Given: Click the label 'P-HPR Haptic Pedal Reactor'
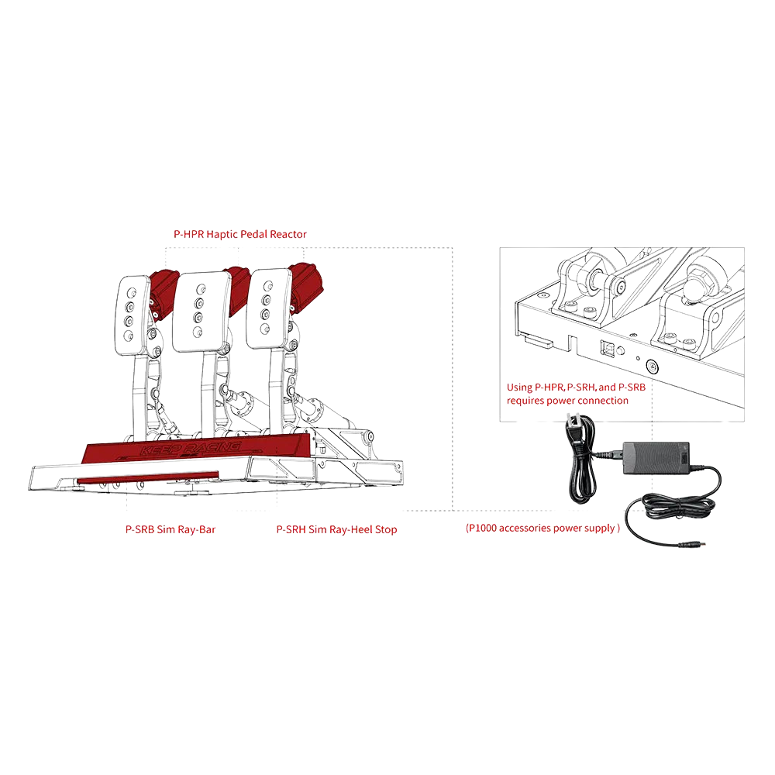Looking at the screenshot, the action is [x=239, y=234].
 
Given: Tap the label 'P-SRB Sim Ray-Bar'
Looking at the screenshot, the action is [x=170, y=529].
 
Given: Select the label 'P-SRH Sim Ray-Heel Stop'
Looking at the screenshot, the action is [x=336, y=529].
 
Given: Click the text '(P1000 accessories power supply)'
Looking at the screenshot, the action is [x=542, y=528].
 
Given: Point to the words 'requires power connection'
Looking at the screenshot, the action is [x=567, y=401].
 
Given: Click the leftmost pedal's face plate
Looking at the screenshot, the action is [x=133, y=315].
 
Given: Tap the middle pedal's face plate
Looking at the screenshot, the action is [x=201, y=311].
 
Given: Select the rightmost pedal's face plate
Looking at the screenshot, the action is [x=268, y=308].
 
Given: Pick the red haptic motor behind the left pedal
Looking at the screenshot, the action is [x=164, y=294].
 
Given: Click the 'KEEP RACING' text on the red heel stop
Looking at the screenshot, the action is [x=191, y=449].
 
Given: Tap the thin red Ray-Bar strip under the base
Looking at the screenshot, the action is [x=148, y=477].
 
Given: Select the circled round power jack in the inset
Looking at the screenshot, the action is [x=653, y=367].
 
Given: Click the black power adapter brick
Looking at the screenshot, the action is [x=656, y=458].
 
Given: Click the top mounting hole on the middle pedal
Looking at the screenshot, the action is [x=201, y=288].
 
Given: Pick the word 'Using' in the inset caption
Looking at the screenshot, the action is [x=519, y=387].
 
